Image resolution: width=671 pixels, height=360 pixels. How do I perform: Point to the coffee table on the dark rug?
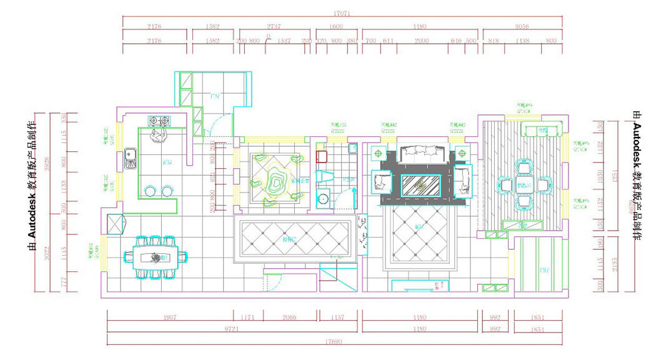[420, 186]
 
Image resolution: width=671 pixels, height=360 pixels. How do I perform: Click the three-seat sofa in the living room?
[421, 152]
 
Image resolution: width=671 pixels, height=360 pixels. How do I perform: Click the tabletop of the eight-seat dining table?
[156, 256]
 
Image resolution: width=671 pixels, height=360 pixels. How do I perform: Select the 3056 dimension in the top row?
[522, 27]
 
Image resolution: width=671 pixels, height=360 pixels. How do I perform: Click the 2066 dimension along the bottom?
[289, 318]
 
